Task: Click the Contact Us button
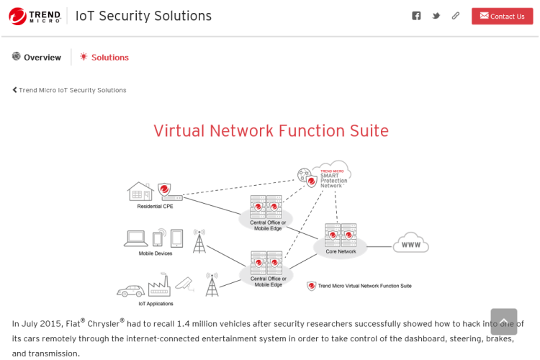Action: (502, 16)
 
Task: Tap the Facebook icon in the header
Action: (416, 16)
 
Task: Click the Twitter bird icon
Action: (436, 16)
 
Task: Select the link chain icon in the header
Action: (456, 16)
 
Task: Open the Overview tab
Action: (37, 57)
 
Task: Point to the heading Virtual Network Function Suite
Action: (271, 130)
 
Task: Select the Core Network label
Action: (341, 251)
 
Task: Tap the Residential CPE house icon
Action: (140, 192)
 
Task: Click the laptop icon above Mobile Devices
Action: (136, 238)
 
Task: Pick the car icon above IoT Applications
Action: (131, 291)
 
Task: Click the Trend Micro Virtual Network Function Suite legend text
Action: (364, 286)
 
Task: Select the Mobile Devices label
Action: (156, 253)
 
